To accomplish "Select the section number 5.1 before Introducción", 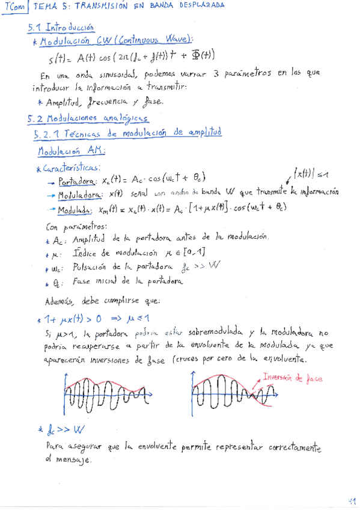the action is (x=35, y=28).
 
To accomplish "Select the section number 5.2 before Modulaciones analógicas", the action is (x=35, y=118).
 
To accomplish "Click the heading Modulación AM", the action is (x=70, y=150).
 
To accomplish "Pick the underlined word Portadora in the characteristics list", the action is (x=76, y=180).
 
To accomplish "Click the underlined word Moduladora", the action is (x=79, y=195).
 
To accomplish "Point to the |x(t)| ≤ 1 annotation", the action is (x=311, y=174).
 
